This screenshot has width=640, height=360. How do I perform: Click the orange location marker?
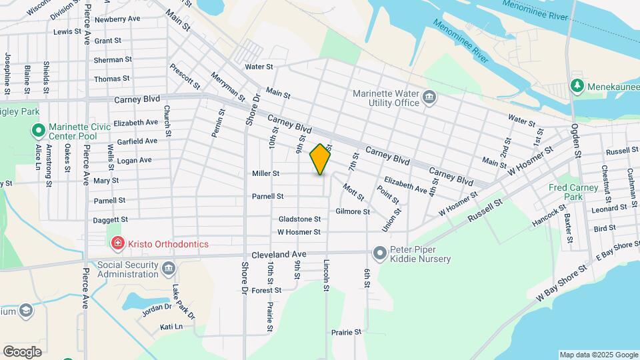tap(321, 159)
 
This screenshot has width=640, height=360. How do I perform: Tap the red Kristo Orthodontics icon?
tap(118, 244)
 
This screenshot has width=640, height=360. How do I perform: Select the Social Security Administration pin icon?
tap(168, 269)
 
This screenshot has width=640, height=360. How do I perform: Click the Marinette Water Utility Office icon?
tap(429, 99)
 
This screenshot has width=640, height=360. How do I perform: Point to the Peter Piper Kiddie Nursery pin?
tap(380, 254)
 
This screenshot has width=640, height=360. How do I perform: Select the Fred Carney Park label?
tap(573, 193)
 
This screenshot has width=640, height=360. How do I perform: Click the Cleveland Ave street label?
tap(279, 255)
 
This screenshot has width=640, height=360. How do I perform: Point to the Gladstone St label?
tap(299, 219)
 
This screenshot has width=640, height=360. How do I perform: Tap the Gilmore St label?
tap(353, 211)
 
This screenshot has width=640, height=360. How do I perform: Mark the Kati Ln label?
tap(171, 327)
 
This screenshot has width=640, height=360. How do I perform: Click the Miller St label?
tap(265, 173)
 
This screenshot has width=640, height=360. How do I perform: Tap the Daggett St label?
tap(111, 219)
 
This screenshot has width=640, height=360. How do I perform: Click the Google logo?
tap(22, 351)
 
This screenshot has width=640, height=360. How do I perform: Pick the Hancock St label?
tap(549, 215)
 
